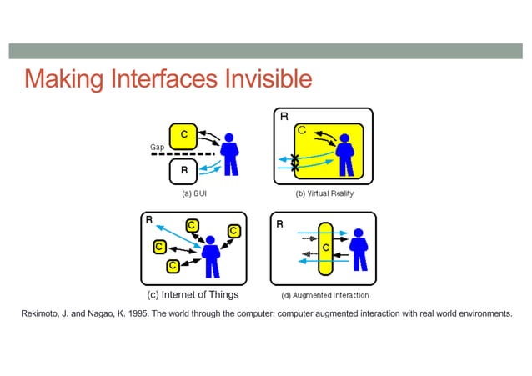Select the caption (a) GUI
click(x=194, y=193)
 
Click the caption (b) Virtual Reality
click(x=324, y=193)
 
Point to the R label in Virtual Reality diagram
click(x=284, y=118)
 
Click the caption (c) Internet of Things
click(x=193, y=294)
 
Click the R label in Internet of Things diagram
click(x=149, y=221)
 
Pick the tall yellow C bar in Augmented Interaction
click(x=325, y=248)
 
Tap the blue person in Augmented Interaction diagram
click(x=358, y=248)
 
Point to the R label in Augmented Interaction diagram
click(x=279, y=224)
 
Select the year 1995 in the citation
click(x=139, y=313)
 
